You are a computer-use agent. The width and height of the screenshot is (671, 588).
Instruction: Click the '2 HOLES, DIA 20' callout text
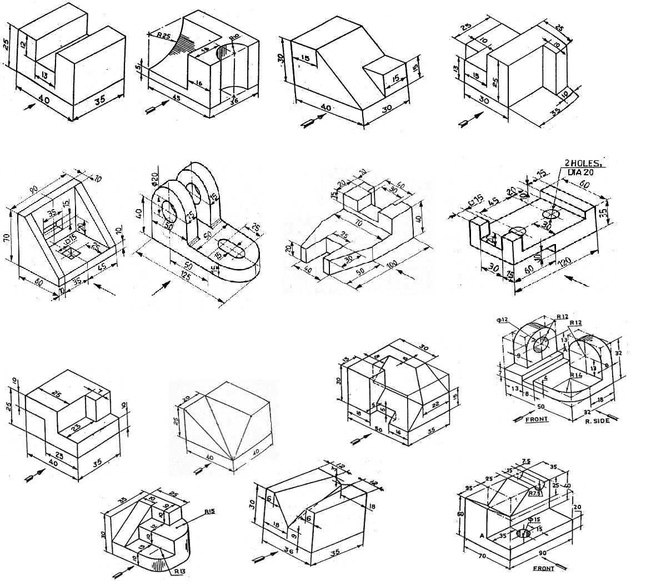[583, 168]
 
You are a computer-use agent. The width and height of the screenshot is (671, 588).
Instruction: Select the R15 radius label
[209, 512]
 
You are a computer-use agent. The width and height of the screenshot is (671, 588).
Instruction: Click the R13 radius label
[179, 571]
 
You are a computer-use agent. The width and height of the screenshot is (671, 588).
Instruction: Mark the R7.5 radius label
[535, 493]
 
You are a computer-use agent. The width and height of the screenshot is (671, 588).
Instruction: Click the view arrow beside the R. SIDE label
[611, 414]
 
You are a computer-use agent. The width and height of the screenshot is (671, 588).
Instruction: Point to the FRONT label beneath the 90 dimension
[543, 569]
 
